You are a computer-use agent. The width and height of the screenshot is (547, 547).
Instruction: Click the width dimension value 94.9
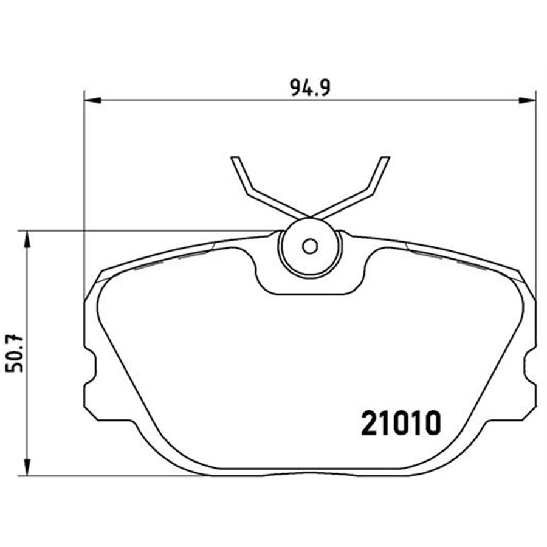[x=309, y=89]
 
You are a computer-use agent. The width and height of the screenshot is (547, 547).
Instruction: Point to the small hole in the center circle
[x=310, y=246]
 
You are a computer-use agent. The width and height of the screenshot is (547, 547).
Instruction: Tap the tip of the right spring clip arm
[x=385, y=159]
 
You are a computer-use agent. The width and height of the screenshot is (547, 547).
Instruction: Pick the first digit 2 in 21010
[x=368, y=423]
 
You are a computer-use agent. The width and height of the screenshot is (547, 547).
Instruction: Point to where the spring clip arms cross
[x=310, y=217]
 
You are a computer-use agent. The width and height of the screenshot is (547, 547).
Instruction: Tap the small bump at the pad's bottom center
[x=310, y=472]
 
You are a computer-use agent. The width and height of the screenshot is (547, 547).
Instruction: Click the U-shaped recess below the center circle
[x=310, y=286]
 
